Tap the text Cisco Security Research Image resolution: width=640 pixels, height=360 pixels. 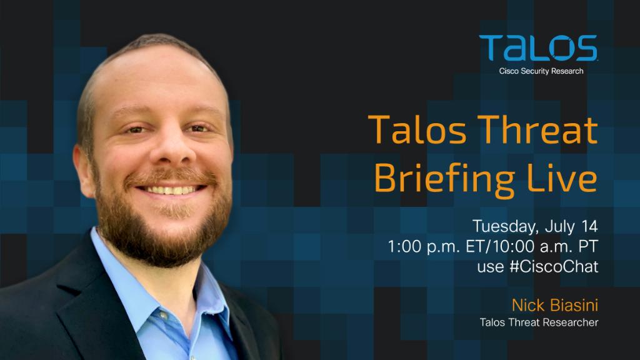click(x=541, y=71)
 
